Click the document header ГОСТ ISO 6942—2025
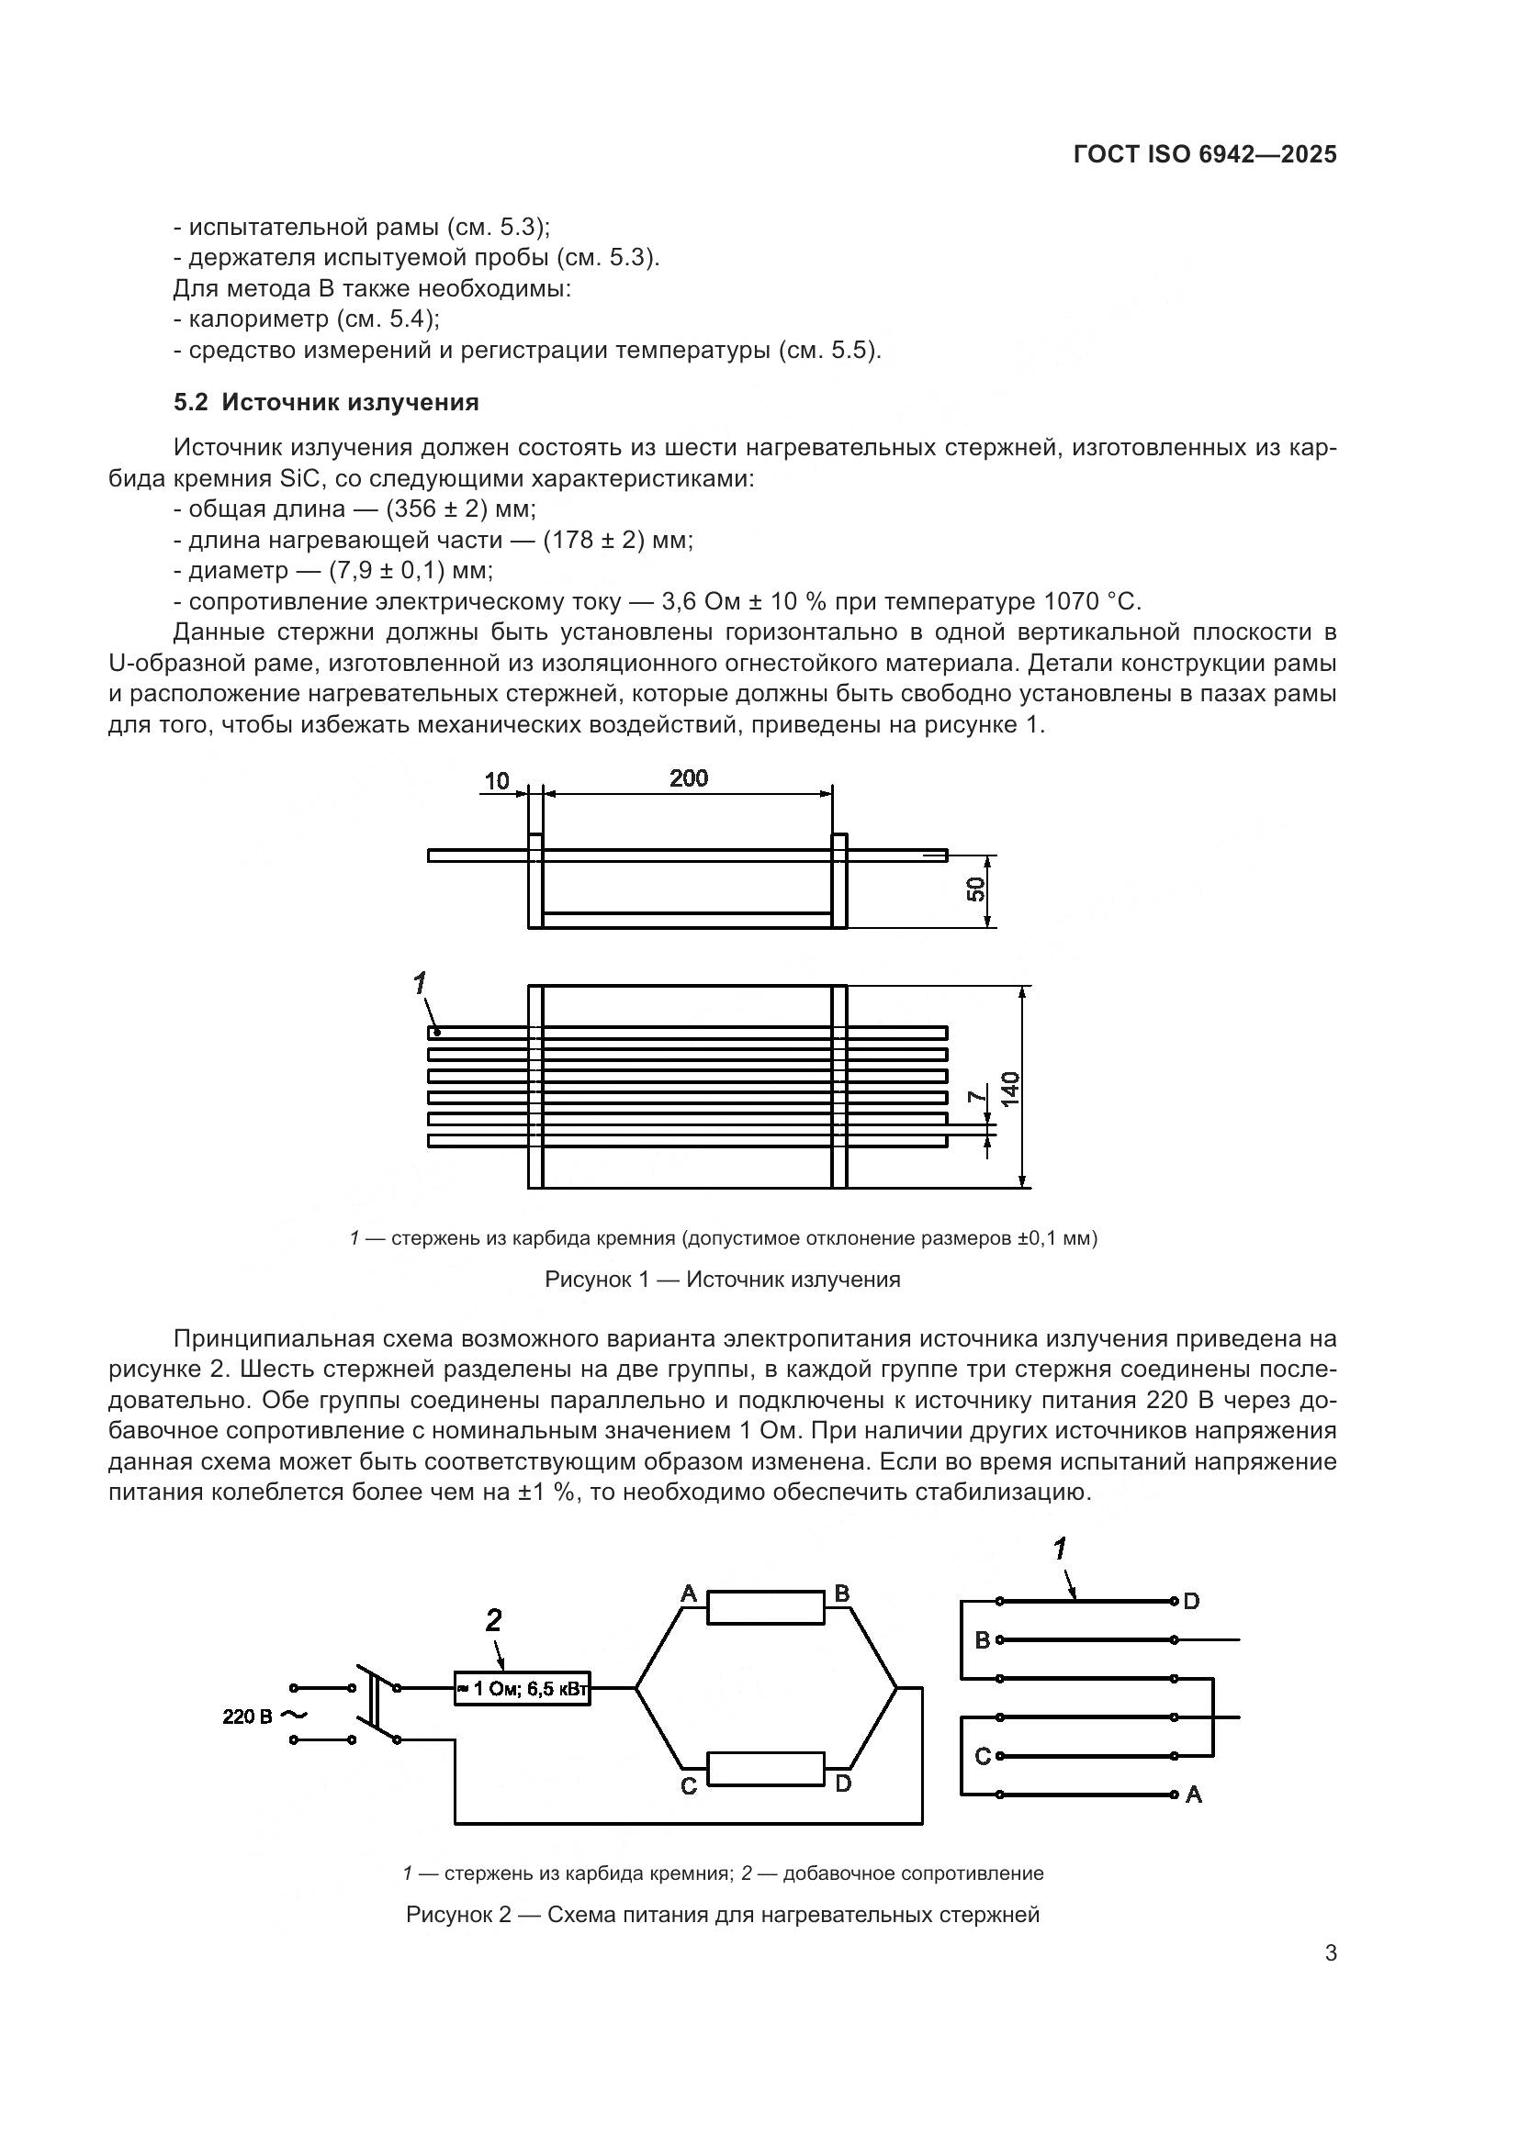(x=1205, y=154)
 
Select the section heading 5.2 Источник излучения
(x=325, y=402)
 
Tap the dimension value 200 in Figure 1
(x=689, y=778)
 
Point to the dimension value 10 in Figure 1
(x=498, y=780)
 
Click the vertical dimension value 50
(x=975, y=889)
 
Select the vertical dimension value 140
(x=1010, y=1090)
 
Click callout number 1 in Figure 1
(x=420, y=982)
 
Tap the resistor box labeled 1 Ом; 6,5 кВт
(x=522, y=1689)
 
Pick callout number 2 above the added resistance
(x=494, y=1620)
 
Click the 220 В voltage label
(x=248, y=1716)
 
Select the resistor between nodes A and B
(x=765, y=1607)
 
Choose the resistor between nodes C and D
(x=765, y=1768)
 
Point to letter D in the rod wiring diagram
(x=1191, y=1602)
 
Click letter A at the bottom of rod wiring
(x=1194, y=1795)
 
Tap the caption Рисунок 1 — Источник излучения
(x=722, y=1280)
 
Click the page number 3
(x=1330, y=1953)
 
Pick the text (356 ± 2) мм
(x=460, y=509)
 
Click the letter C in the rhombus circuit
(x=689, y=1787)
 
